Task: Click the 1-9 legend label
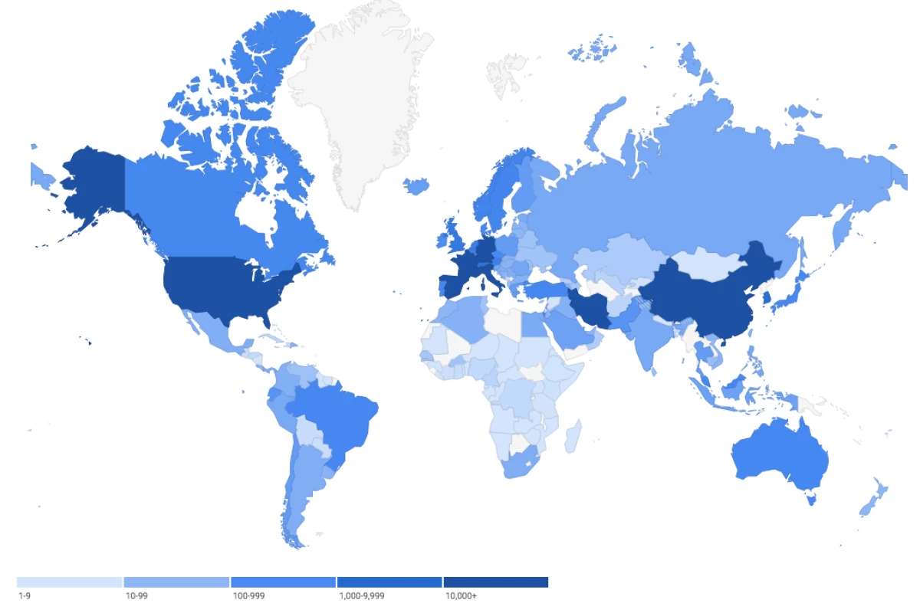click(24, 595)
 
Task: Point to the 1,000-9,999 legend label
click(361, 595)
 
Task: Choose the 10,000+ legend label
click(461, 595)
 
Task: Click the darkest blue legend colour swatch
click(495, 582)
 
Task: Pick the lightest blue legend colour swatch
click(69, 582)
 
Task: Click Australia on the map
click(778, 456)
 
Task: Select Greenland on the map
click(360, 100)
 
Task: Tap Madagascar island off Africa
click(573, 437)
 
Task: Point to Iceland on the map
click(416, 185)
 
